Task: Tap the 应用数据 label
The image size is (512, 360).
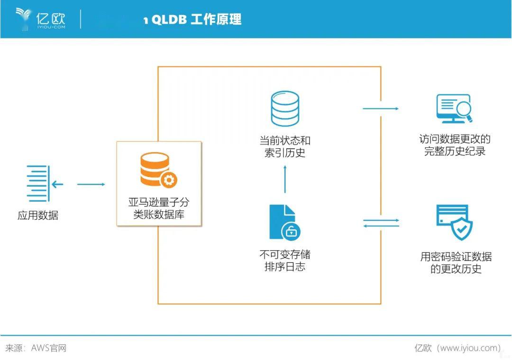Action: [x=38, y=216]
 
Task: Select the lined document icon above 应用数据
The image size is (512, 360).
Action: [x=39, y=183]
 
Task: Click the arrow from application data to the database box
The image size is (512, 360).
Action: [x=91, y=184]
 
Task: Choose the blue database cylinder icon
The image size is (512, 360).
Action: [x=285, y=109]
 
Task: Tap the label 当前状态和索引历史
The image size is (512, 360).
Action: [x=285, y=146]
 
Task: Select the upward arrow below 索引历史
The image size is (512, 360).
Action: [x=285, y=179]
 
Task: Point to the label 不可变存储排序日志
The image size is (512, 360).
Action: [x=285, y=261]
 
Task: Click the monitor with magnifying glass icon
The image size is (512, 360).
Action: [x=454, y=109]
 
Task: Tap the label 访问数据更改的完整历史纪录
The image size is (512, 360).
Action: [x=455, y=145]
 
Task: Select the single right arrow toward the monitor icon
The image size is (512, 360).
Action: [x=381, y=108]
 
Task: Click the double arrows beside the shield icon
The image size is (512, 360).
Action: [x=381, y=223]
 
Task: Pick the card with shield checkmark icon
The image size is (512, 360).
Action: [x=454, y=222]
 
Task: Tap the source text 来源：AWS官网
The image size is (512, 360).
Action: [x=36, y=348]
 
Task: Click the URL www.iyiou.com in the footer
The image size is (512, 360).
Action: [x=469, y=348]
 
